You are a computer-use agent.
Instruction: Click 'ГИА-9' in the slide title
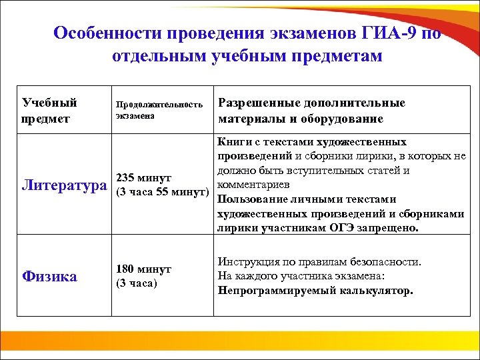389,33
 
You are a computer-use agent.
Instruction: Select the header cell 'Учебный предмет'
50,110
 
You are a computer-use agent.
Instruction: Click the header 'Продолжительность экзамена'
159,110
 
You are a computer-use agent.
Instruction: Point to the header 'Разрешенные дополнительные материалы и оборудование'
311,110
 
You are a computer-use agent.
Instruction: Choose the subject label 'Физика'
49,276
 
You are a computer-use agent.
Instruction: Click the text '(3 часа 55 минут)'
162,193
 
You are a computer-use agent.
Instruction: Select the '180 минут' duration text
143,269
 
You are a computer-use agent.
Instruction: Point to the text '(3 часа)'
137,283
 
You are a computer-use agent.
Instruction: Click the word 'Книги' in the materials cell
231,141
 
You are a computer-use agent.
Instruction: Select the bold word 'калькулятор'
377,291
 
